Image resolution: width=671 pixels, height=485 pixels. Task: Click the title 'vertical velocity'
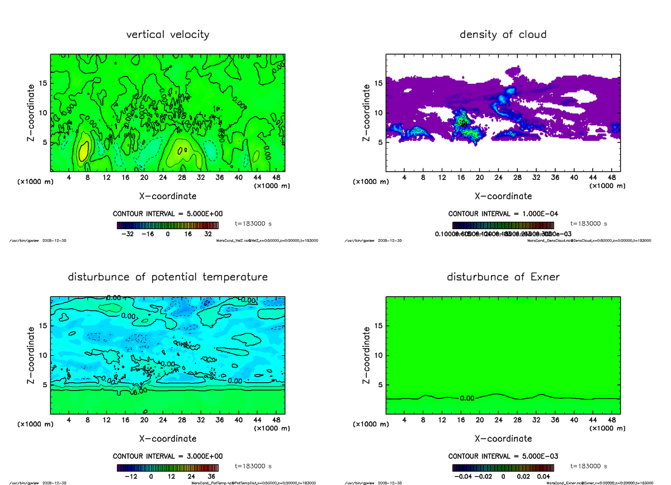(168, 35)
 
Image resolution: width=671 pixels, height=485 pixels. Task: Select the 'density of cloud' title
(503, 35)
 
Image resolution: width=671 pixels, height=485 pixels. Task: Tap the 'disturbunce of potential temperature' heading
(168, 277)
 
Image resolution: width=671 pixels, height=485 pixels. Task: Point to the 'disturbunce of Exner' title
(503, 277)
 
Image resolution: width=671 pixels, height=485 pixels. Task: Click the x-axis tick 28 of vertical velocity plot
(182, 178)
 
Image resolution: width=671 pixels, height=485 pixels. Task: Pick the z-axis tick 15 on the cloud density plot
(378, 83)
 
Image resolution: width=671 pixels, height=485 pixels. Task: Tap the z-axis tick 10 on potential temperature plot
(42, 355)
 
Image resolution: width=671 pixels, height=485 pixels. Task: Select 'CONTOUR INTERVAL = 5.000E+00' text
(168, 214)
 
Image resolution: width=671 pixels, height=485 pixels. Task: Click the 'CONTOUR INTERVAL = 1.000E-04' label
(503, 214)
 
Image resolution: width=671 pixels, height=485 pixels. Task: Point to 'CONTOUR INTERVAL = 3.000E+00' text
(168, 457)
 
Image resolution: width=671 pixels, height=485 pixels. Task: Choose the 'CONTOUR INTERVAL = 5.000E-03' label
(503, 457)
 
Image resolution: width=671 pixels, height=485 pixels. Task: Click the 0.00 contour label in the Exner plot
(467, 398)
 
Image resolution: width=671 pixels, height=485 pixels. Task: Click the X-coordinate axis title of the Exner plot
(503, 439)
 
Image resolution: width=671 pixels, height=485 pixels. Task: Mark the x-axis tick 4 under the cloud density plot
(404, 178)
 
